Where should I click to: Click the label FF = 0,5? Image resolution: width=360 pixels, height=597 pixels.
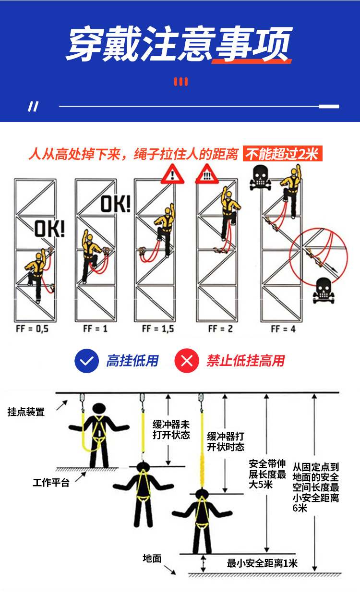pos(32,329)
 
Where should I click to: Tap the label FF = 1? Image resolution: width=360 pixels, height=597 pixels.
pos(96,329)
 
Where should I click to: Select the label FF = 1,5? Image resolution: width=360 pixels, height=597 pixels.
pos(158,329)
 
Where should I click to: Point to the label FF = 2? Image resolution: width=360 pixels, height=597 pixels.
pos(220,329)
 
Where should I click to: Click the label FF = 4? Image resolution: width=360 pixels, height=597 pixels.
pos(283,329)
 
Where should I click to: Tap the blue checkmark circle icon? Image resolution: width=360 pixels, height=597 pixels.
pos(87,361)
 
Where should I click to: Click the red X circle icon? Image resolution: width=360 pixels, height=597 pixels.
pos(187,361)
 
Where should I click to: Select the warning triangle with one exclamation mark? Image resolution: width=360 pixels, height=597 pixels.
pos(172,174)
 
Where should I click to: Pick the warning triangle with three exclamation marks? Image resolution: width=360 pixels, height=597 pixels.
pos(207,174)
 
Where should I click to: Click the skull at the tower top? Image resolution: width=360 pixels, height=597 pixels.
pos(260,177)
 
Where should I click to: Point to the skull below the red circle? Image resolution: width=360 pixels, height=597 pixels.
pos(324,291)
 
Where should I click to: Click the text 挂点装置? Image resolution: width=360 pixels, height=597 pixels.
pos(26,412)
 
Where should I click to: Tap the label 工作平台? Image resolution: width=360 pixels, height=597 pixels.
pos(51,482)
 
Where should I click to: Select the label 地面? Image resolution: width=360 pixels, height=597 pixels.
pos(152,558)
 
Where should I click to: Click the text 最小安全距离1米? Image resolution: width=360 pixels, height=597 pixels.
pos(262,563)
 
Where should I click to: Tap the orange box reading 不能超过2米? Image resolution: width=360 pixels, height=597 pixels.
pos(283,154)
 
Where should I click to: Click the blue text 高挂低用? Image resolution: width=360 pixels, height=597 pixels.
pos(132,361)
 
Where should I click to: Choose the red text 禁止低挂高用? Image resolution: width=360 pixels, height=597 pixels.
pos(246,361)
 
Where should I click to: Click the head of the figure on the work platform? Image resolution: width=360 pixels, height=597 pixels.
pos(99,408)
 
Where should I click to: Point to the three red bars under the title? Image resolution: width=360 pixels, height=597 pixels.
pos(181,82)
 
